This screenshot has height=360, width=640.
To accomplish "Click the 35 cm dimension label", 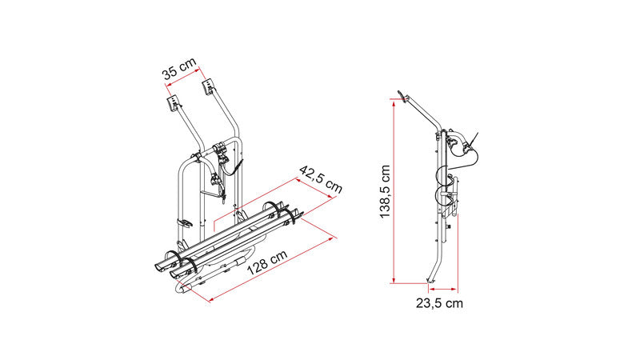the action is [179, 69].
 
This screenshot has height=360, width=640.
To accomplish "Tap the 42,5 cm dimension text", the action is [321, 178].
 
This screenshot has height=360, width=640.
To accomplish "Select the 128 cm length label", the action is [267, 262].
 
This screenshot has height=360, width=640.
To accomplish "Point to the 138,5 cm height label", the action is [386, 191].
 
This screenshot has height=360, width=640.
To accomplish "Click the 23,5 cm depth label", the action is [439, 303].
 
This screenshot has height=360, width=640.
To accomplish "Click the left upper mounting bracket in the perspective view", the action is [174, 102].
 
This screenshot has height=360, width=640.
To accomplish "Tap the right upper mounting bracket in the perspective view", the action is [208, 87].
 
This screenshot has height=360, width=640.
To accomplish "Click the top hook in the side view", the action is [404, 97].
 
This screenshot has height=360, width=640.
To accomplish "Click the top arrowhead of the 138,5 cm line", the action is [394, 102].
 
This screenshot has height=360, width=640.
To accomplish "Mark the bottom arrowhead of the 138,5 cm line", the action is [394, 279].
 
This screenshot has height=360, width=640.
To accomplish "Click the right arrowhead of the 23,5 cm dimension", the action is [454, 289].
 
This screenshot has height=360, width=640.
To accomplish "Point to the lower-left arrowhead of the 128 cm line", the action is [211, 300].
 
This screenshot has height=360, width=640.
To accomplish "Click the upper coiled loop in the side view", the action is [442, 175].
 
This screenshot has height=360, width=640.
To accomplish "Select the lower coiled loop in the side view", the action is [442, 195].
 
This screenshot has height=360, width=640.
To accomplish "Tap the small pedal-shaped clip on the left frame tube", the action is [184, 222].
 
